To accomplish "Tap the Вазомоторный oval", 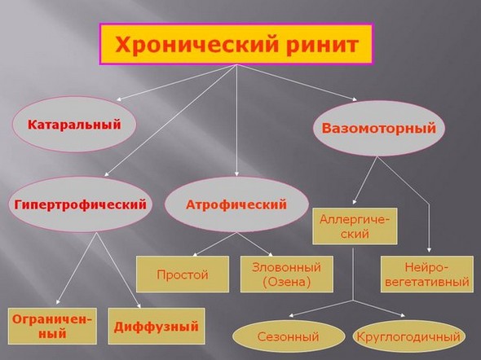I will point(378,130).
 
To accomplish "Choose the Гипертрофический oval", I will point(81,204).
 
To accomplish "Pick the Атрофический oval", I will point(237,204).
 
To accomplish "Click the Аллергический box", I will point(354,226).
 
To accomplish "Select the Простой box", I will point(183,274).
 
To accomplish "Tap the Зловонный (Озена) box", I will point(287,274).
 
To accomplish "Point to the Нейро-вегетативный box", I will point(426,274).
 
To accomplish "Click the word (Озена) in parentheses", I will point(287,282).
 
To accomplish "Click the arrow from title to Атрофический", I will point(236,122).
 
